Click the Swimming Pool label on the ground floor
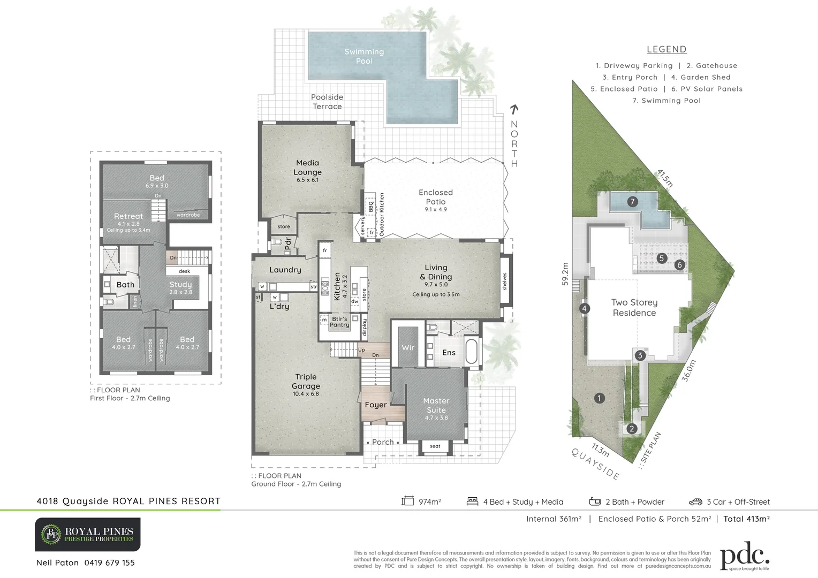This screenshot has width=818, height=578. pos(364,56)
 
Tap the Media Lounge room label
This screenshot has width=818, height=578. pos(307,168)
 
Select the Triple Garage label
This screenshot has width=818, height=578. pos(306,382)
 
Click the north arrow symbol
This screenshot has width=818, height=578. pos(514,110)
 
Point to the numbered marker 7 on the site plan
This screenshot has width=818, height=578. pos(633,202)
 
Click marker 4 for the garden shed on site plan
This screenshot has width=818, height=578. pos(585,308)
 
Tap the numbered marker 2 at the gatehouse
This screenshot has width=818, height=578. pos(632,428)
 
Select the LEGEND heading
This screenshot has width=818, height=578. pos(666,49)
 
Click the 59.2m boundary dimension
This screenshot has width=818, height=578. pos(565,274)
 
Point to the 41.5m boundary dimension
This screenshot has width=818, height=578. pos(664,178)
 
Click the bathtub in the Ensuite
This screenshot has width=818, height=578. pos(472,352)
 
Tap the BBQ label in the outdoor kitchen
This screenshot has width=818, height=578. pos(370,206)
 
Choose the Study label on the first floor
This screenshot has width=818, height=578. pos(180,285)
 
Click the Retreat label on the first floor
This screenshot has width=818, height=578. pos(128,216)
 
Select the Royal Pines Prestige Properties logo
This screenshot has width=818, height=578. pos(88,534)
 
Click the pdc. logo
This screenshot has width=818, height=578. pos(745,558)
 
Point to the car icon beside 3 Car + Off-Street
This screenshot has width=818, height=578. pos(695,502)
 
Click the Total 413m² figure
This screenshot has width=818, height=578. pos(746,519)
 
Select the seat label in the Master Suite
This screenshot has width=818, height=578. pos(435,446)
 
